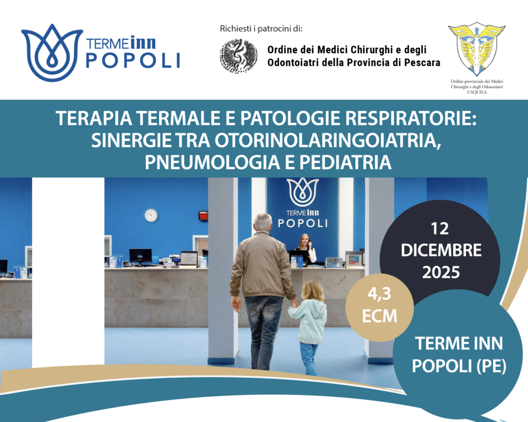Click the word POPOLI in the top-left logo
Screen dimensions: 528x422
[x=134, y=61]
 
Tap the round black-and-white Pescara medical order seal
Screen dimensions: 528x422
[x=239, y=56]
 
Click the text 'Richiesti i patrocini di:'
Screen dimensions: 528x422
[x=261, y=28]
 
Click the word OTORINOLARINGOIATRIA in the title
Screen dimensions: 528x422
[x=328, y=140]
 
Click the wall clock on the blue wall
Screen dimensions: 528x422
[x=151, y=215]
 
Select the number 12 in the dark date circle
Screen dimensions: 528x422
[x=440, y=229]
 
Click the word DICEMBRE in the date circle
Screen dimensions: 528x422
[x=441, y=250]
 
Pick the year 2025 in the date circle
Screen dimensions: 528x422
[x=441, y=272]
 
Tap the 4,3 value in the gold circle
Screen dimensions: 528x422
[x=379, y=295]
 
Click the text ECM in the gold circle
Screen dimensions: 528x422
[x=379, y=316]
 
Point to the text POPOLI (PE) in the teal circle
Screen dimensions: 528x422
[x=459, y=366]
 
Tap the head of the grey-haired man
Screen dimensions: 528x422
[x=262, y=222]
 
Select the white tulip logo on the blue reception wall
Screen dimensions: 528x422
[x=303, y=192]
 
